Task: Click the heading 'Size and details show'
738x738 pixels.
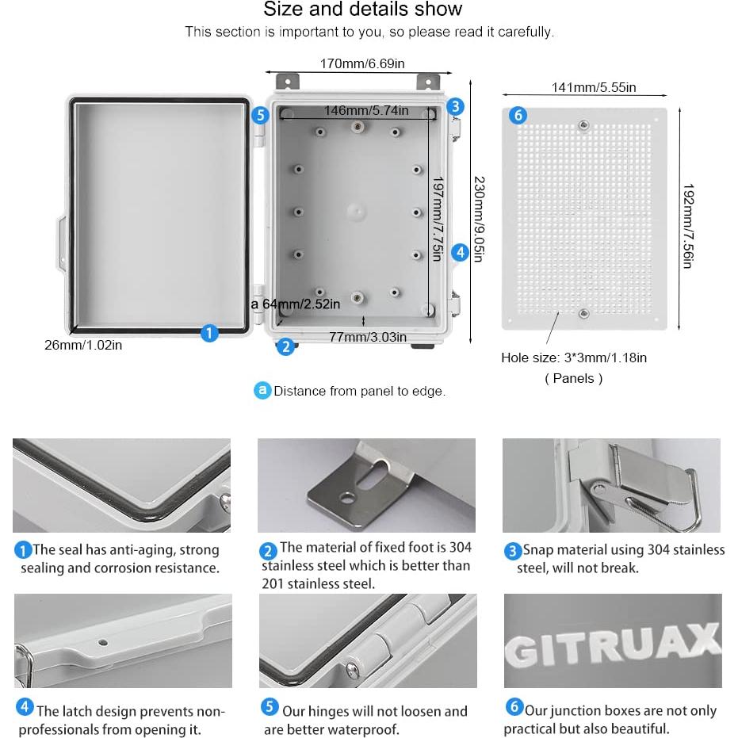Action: [362, 10]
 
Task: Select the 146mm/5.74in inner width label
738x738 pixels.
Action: [365, 111]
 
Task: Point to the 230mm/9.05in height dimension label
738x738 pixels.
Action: [478, 214]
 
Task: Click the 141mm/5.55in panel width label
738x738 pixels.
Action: [593, 87]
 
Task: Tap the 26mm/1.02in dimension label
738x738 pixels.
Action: [83, 345]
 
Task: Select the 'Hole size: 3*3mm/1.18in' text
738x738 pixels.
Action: [574, 358]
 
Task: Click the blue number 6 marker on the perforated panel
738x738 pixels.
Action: [518, 116]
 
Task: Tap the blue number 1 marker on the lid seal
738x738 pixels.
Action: [208, 333]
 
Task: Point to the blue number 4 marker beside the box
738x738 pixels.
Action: [461, 252]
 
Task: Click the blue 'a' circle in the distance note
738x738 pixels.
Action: [262, 391]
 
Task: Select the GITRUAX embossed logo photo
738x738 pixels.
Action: [612, 640]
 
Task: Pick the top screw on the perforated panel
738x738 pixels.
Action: [583, 124]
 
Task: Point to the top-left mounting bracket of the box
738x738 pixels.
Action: [286, 82]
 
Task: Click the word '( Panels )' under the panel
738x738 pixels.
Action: [573, 379]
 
